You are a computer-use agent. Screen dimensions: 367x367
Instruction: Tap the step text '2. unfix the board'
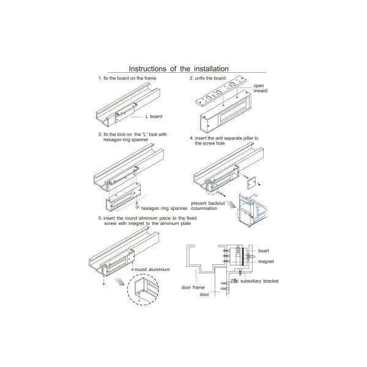click(x=207, y=79)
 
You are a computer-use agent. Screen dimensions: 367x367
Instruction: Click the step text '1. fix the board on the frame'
click(x=126, y=79)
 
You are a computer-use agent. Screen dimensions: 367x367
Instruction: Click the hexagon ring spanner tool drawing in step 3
click(x=146, y=201)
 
